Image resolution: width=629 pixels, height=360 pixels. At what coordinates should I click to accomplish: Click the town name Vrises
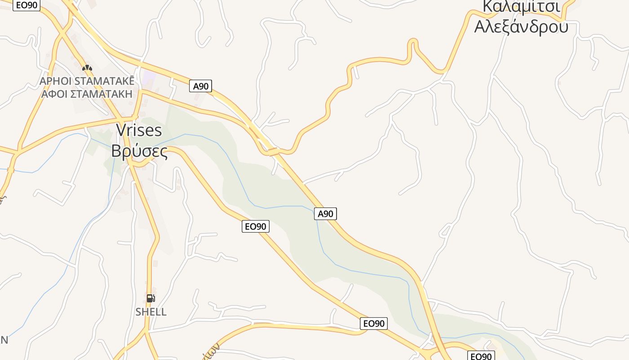[139, 130]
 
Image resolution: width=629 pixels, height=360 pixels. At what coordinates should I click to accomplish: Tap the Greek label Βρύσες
[139, 151]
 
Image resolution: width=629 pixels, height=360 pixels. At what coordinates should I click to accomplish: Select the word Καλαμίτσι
[521, 6]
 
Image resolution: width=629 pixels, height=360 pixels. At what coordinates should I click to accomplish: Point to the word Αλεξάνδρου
[521, 27]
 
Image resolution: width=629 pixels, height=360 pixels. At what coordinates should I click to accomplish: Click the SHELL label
[151, 312]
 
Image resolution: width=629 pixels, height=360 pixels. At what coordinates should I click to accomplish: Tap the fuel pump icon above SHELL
[151, 298]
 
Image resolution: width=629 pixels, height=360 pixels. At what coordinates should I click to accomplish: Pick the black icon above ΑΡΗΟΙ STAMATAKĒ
[87, 68]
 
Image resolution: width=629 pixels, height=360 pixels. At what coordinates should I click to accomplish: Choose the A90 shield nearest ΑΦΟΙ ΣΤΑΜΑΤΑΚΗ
[200, 86]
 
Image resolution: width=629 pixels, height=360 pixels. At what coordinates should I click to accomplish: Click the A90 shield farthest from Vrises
[325, 214]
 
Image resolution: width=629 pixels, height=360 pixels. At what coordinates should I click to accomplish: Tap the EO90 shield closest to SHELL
[256, 226]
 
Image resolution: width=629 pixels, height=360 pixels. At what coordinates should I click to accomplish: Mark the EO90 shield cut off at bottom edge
[481, 356]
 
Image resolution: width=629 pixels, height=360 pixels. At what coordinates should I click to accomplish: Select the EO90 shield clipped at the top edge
[27, 5]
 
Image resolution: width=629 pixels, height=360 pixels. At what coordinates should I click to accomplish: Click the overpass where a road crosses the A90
[272, 152]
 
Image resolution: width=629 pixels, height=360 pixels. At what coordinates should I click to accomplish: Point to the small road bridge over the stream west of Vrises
[11, 170]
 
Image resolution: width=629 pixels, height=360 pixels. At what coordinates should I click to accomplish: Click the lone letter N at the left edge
[4, 340]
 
